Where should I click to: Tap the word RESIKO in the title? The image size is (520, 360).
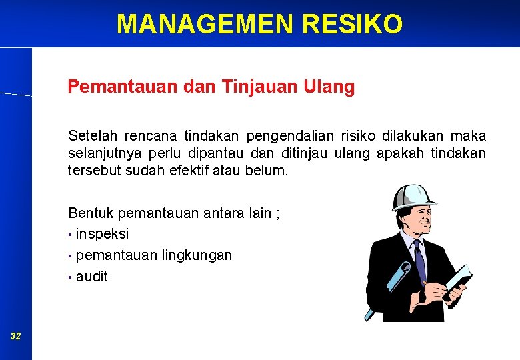point(352,24)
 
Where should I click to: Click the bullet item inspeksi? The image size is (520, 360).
point(102,234)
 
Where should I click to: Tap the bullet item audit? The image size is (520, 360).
point(91,276)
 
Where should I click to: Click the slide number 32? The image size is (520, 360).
point(15,337)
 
